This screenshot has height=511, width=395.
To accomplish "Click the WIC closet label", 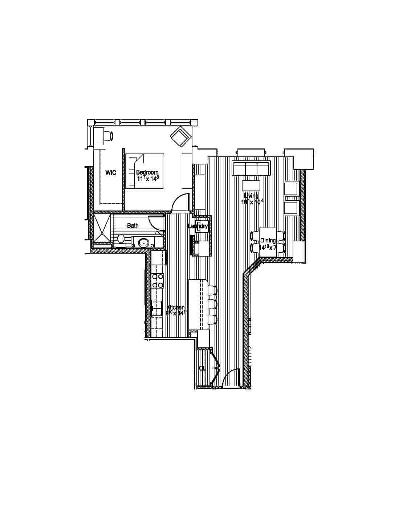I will point(111,173).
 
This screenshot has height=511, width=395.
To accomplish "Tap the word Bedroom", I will point(147,172).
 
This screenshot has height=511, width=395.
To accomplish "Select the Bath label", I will point(133,226).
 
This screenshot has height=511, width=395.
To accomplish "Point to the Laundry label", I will point(198,226).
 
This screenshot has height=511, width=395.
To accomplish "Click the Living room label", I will point(251,196).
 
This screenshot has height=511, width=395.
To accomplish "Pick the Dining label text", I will point(268,240).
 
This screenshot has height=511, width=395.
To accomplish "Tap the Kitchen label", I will point(175,308).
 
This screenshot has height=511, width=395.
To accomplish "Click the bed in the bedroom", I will point(144,171).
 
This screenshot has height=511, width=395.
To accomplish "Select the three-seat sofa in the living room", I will point(252,169).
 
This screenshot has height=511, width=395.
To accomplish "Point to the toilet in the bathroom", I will point(121,239).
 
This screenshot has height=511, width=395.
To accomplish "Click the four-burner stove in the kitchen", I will point(158,281).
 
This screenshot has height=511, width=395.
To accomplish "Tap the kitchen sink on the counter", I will point(156,308).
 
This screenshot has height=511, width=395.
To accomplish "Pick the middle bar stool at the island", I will point(212,303).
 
